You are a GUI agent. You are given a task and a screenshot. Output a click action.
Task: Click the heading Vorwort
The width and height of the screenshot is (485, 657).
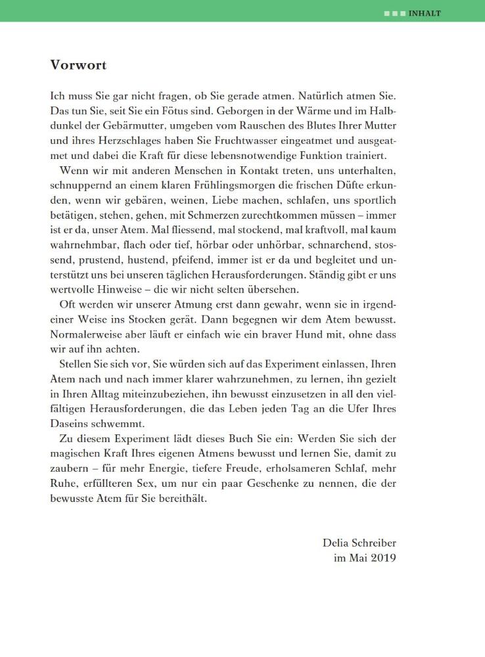78,65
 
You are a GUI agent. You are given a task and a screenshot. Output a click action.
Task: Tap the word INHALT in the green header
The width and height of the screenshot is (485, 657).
425,13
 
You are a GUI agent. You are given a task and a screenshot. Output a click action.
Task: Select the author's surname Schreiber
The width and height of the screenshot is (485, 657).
373,543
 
